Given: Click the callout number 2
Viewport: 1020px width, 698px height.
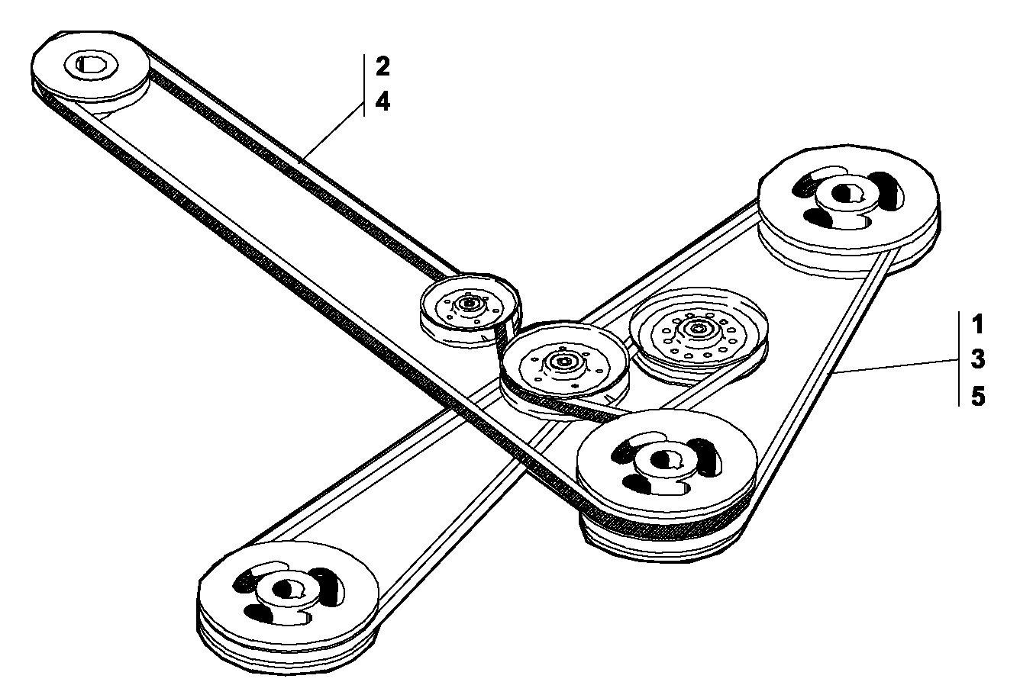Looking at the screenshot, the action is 382,66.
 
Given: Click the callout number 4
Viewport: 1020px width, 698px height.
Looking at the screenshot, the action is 382,101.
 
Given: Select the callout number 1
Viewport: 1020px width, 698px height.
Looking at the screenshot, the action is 977,324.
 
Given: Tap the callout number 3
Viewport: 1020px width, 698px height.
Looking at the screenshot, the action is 978,359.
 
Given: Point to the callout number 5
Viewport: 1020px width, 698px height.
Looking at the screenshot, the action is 978,396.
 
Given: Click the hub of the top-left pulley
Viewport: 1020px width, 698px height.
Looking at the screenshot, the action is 91,64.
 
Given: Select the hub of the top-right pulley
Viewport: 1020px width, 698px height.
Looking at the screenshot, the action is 846,195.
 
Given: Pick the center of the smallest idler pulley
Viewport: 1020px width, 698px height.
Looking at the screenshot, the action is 468,303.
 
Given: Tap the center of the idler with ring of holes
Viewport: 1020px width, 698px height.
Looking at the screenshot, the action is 697,328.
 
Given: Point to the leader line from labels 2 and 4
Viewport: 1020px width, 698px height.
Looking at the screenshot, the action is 331,132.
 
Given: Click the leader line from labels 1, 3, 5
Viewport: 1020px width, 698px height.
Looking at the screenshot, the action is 897,366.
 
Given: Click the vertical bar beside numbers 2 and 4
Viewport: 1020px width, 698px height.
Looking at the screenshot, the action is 364,85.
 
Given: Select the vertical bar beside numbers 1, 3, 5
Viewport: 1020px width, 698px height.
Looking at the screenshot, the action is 959,359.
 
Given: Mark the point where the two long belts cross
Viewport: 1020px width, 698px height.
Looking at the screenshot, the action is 460,410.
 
